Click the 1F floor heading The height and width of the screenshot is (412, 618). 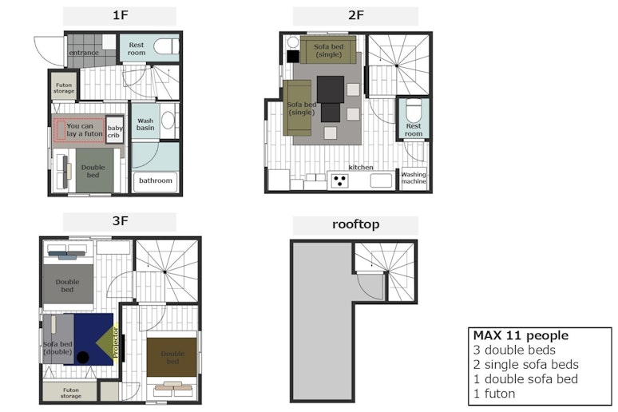121,15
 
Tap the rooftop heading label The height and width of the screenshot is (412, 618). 355,224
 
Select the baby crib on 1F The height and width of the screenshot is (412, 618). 114,129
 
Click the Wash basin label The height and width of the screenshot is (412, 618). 145,125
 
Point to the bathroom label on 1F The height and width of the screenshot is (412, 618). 155,180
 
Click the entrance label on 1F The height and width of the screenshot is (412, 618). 84,53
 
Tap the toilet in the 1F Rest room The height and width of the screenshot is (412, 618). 166,46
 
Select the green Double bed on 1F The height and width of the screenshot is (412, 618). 94,170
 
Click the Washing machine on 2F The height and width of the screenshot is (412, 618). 414,179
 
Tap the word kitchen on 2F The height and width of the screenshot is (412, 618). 361,167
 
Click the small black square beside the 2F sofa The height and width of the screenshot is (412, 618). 293,57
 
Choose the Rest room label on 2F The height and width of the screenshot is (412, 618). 414,129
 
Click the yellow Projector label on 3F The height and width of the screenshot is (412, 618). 115,343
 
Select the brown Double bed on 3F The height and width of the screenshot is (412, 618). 172,357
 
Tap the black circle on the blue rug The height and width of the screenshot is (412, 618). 82,357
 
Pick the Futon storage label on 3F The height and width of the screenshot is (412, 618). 71,393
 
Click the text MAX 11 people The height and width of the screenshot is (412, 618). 521,335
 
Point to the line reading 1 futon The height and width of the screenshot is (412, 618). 494,394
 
